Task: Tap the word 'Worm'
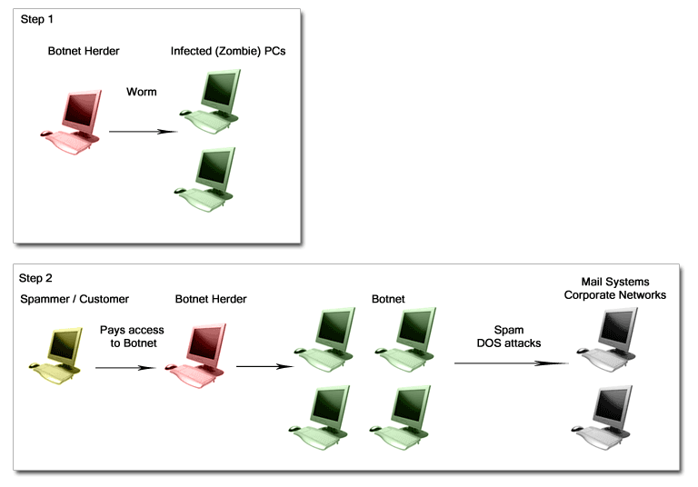pos(141,92)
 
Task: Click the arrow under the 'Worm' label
pos(141,131)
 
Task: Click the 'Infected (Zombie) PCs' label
pos(227,51)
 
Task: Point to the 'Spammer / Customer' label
pos(75,299)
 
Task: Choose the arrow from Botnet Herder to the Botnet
pos(264,367)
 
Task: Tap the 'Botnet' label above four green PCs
pos(388,298)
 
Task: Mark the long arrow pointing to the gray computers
pos(509,363)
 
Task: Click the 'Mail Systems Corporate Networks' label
pos(614,288)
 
